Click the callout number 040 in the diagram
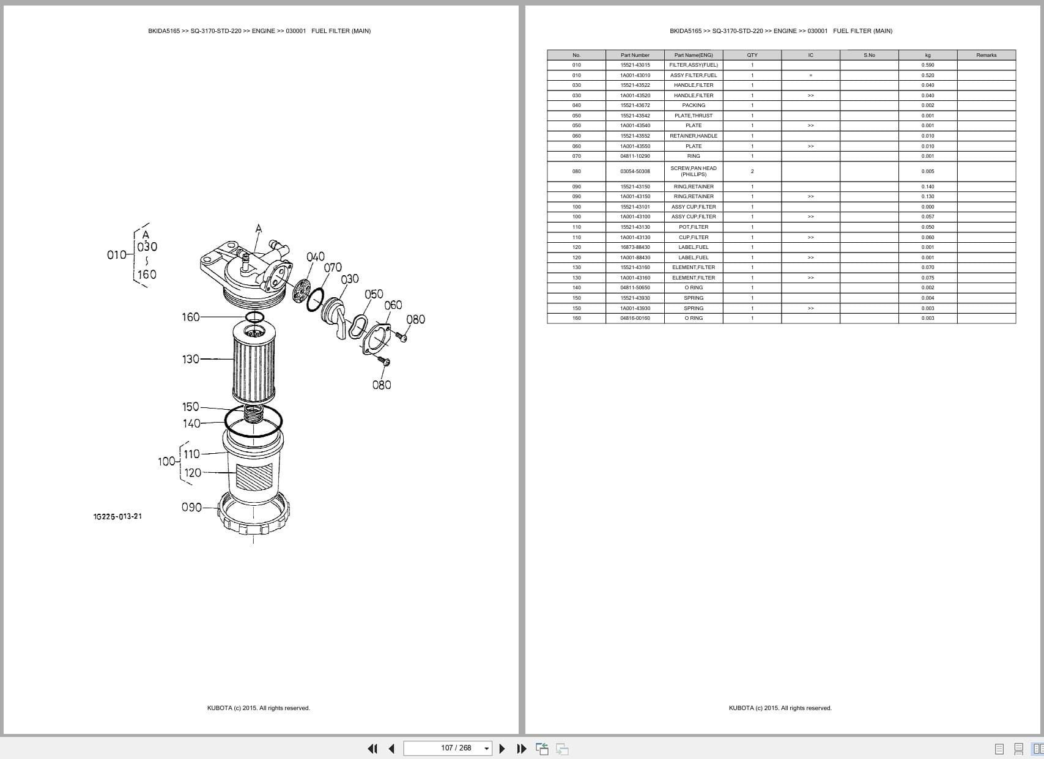click(316, 257)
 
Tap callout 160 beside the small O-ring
click(190, 317)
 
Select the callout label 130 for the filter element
click(190, 359)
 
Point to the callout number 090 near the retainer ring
click(191, 507)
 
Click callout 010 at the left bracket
click(116, 254)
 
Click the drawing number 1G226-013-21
click(117, 516)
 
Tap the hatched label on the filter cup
click(254, 477)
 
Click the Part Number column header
click(635, 55)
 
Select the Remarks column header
click(986, 55)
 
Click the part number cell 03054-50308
click(635, 171)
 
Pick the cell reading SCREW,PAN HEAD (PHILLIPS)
click(694, 171)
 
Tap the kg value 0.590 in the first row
click(927, 65)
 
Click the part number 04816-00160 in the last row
click(635, 318)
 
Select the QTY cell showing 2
click(752, 171)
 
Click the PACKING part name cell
click(694, 105)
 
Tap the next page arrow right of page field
click(502, 749)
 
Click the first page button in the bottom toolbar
click(372, 749)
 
